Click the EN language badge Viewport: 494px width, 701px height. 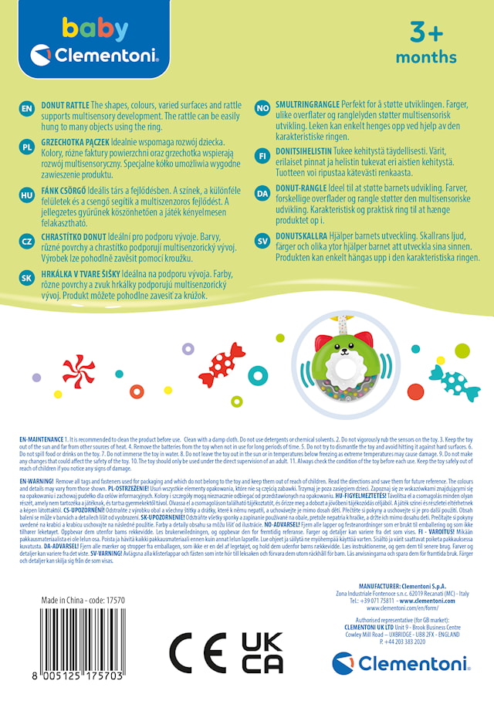click(26, 109)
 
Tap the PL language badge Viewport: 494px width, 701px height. click(26, 146)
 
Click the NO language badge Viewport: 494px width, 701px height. click(262, 109)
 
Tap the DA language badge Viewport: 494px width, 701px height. click(262, 192)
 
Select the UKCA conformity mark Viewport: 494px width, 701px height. click(262, 653)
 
